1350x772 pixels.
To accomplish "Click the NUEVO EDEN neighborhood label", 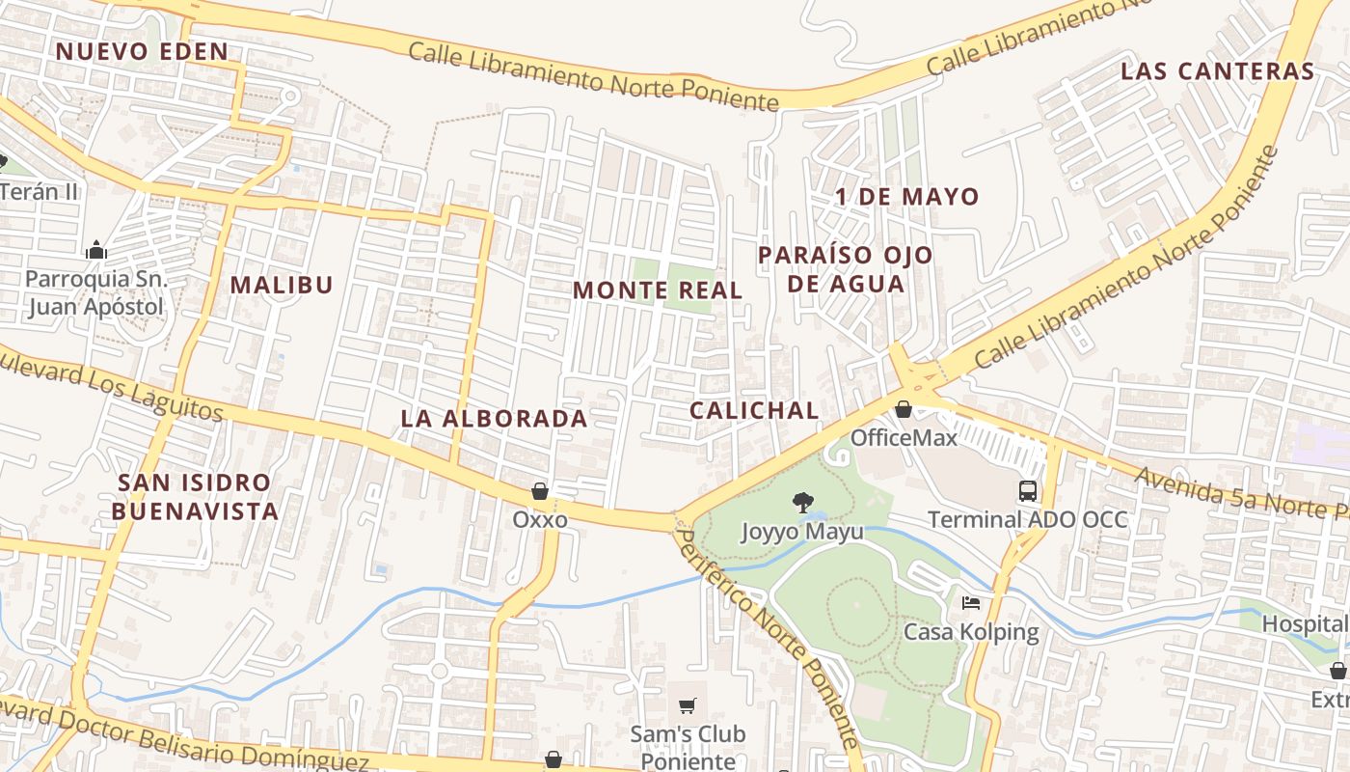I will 142,51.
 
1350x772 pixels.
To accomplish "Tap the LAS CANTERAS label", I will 1218,70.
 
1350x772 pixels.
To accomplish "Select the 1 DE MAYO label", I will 907,197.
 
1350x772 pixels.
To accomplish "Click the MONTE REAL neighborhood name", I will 658,289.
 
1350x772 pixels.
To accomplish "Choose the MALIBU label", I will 282,285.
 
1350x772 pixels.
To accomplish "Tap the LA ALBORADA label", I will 494,418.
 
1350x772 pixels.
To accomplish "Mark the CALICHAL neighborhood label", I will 754,409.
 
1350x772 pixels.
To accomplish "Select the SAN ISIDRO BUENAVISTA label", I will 195,496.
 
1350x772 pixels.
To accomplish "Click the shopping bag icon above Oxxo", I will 540,492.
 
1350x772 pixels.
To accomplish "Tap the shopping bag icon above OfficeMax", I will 904,410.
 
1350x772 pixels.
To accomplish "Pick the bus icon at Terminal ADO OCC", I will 1028,490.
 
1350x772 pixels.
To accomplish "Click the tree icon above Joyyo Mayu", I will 801,502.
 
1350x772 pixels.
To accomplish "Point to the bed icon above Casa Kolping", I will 971,603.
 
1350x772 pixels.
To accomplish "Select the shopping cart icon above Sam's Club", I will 688,705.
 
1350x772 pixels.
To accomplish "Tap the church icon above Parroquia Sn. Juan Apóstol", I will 95,251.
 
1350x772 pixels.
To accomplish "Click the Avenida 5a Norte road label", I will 1240,496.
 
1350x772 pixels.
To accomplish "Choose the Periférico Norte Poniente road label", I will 766,637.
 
